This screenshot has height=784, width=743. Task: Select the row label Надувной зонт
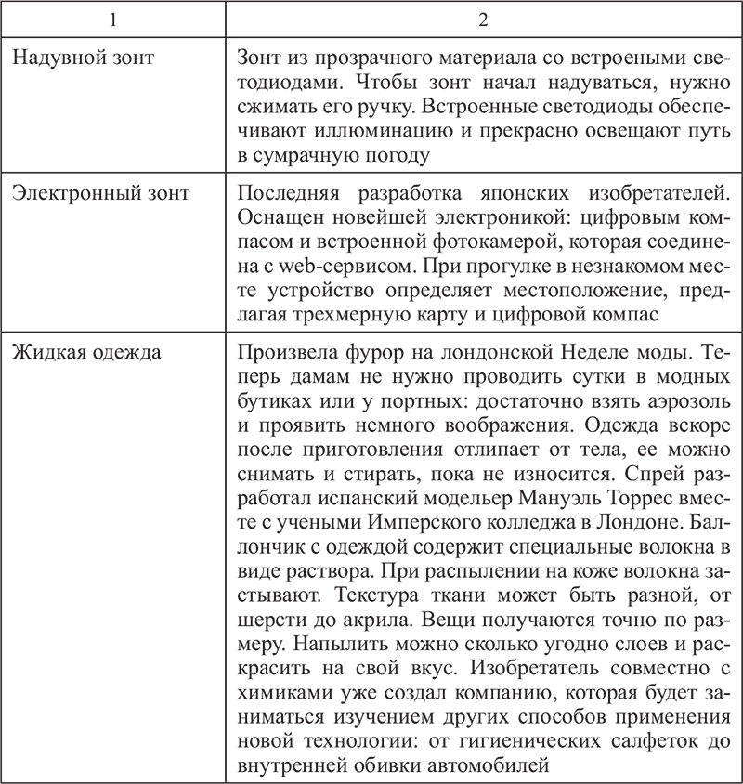coord(82,59)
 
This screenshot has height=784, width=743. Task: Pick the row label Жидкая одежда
coord(85,353)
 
